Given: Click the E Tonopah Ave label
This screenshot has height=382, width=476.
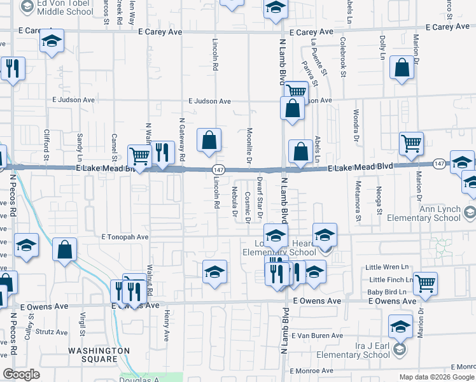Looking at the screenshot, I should coord(125,237).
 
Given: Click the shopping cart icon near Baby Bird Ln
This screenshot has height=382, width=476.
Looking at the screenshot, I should coord(425,284).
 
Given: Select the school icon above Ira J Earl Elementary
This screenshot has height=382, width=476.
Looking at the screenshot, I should coord(400,327).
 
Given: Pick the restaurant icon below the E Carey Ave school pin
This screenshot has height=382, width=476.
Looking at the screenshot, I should coord(12,69).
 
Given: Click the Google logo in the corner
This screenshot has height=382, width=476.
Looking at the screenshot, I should coord(21,374).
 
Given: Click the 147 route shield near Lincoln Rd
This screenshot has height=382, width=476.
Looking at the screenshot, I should coord(218,169).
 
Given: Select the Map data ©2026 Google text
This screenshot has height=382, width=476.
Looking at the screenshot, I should coord(436,377).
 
